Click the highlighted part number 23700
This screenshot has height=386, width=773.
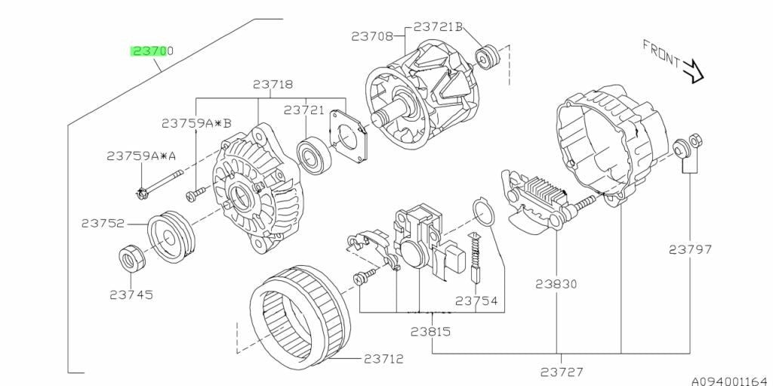coord(152,51)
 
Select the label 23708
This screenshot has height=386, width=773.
coord(372,36)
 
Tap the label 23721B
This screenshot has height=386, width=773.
coord(439,27)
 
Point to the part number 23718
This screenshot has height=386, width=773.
coord(273,85)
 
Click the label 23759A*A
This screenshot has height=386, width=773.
coord(141,156)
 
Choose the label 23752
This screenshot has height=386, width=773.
coord(103,224)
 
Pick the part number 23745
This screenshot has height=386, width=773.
coord(131,295)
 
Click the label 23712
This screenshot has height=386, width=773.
coord(384,359)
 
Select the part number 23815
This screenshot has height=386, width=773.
coord(430,331)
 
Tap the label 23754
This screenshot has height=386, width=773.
coord(476,301)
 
